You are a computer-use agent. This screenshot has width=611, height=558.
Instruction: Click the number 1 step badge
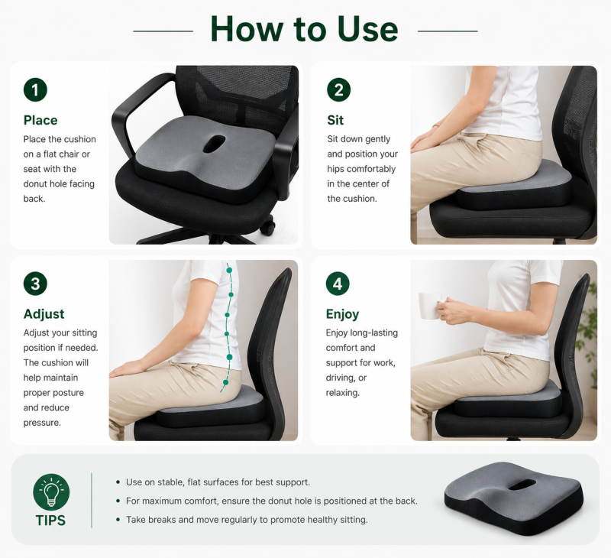(35, 89)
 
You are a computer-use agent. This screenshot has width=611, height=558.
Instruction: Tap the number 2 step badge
(338, 89)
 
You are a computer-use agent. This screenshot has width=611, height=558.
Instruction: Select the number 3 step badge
(35, 284)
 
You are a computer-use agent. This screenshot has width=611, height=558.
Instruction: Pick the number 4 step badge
(338, 284)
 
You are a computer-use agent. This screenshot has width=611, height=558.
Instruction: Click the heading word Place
(40, 120)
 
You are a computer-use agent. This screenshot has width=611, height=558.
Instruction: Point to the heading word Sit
(335, 120)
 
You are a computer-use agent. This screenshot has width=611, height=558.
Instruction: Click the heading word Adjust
(44, 314)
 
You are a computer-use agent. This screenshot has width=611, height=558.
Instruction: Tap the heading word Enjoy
(342, 314)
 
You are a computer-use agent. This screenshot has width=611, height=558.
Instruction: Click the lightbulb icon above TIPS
(51, 491)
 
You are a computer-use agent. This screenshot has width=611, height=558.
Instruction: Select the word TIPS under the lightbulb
(50, 521)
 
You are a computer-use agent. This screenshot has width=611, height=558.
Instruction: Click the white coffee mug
(430, 305)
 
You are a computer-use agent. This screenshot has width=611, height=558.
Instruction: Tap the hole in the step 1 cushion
(214, 144)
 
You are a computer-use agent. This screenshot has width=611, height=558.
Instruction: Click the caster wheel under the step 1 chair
(268, 228)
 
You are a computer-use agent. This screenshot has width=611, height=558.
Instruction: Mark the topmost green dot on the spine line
(229, 271)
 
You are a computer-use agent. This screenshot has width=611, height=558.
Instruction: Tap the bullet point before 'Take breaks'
(118, 520)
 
